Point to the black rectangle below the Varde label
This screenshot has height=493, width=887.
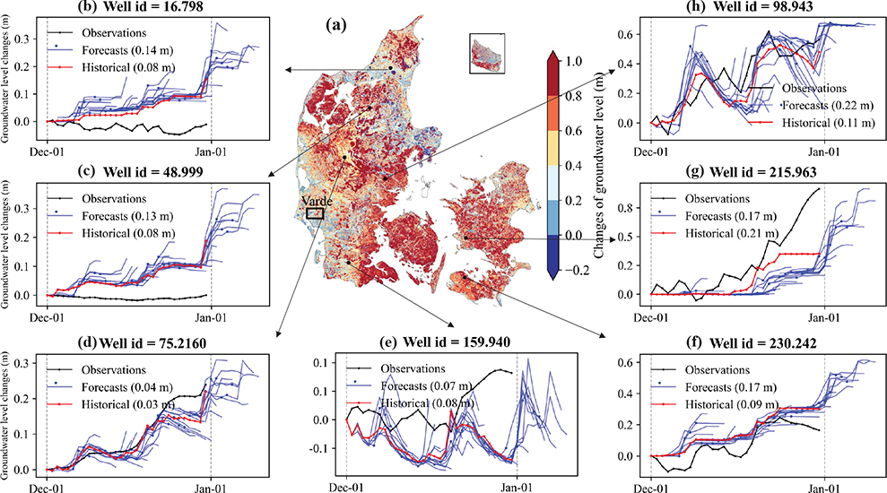[x=315, y=213]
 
